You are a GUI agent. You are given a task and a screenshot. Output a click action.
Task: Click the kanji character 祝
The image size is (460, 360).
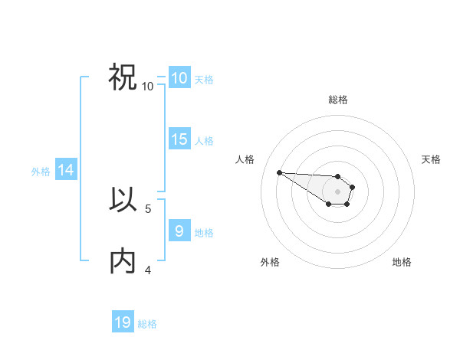click(x=123, y=77)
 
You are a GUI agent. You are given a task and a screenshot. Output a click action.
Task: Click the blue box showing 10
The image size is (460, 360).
click(x=179, y=78)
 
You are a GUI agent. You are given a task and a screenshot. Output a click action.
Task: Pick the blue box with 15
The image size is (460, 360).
click(x=179, y=139)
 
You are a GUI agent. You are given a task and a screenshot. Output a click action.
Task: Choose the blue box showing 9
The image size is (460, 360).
click(x=179, y=230)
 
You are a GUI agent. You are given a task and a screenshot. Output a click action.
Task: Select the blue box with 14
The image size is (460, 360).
click(x=66, y=171)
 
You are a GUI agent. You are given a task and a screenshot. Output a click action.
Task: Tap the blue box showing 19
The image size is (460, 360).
click(x=123, y=322)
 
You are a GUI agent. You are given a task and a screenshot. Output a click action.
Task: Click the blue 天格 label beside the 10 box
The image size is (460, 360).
click(x=204, y=80)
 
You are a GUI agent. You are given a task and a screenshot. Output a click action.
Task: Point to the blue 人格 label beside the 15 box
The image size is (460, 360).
click(x=204, y=141)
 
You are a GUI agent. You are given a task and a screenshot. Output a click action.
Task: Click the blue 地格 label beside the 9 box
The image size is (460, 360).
click(x=204, y=232)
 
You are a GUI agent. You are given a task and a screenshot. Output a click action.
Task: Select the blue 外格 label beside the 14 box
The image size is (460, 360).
click(x=41, y=172)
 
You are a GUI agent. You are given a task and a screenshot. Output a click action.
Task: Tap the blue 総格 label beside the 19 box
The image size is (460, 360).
click(x=147, y=324)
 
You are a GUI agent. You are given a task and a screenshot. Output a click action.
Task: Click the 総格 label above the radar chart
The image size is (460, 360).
click(x=338, y=100)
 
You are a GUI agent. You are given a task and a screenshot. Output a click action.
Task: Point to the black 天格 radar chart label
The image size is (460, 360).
click(x=432, y=159)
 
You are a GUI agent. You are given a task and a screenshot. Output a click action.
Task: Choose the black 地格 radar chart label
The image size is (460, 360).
click(x=402, y=262)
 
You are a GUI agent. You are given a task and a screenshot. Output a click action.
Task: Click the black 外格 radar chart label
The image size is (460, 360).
click(x=270, y=262)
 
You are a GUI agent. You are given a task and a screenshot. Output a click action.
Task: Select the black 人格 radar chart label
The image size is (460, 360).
click(x=245, y=159)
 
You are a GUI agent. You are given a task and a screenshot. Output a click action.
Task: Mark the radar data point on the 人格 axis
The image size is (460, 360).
click(x=279, y=172)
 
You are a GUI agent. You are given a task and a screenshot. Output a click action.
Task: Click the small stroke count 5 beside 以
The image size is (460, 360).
click(x=148, y=208)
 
